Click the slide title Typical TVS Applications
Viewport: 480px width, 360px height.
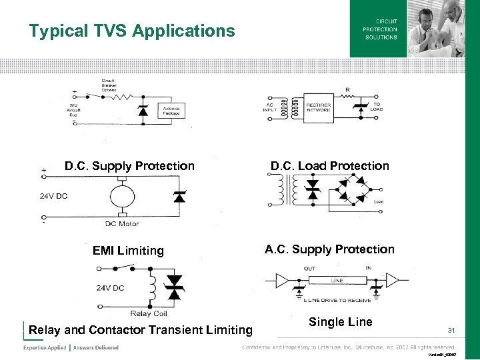pyautogui.click(x=132, y=31)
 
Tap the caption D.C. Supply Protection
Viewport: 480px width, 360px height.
pyautogui.click(x=129, y=166)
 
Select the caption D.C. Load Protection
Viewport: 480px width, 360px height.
pyautogui.click(x=329, y=166)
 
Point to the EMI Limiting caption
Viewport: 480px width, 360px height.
pyautogui.click(x=128, y=251)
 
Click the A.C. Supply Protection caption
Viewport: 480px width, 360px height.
pyautogui.click(x=329, y=249)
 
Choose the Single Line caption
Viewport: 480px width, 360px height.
pyautogui.click(x=340, y=322)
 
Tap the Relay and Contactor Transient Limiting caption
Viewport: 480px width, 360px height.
pyautogui.click(x=141, y=329)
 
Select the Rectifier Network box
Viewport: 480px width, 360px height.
pyautogui.click(x=319, y=107)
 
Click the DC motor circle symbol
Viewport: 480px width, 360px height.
pyautogui.click(x=121, y=197)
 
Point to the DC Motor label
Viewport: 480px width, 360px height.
pyautogui.click(x=121, y=223)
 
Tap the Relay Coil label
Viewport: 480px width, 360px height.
pyautogui.click(x=149, y=313)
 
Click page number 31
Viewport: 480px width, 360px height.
pyautogui.click(x=451, y=331)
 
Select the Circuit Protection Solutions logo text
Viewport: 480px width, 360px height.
pyautogui.click(x=380, y=29)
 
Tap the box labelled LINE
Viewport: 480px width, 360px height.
pyautogui.click(x=337, y=281)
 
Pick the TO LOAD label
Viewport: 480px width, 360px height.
pyautogui.click(x=377, y=107)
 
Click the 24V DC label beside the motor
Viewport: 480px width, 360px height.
pyautogui.click(x=53, y=196)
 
